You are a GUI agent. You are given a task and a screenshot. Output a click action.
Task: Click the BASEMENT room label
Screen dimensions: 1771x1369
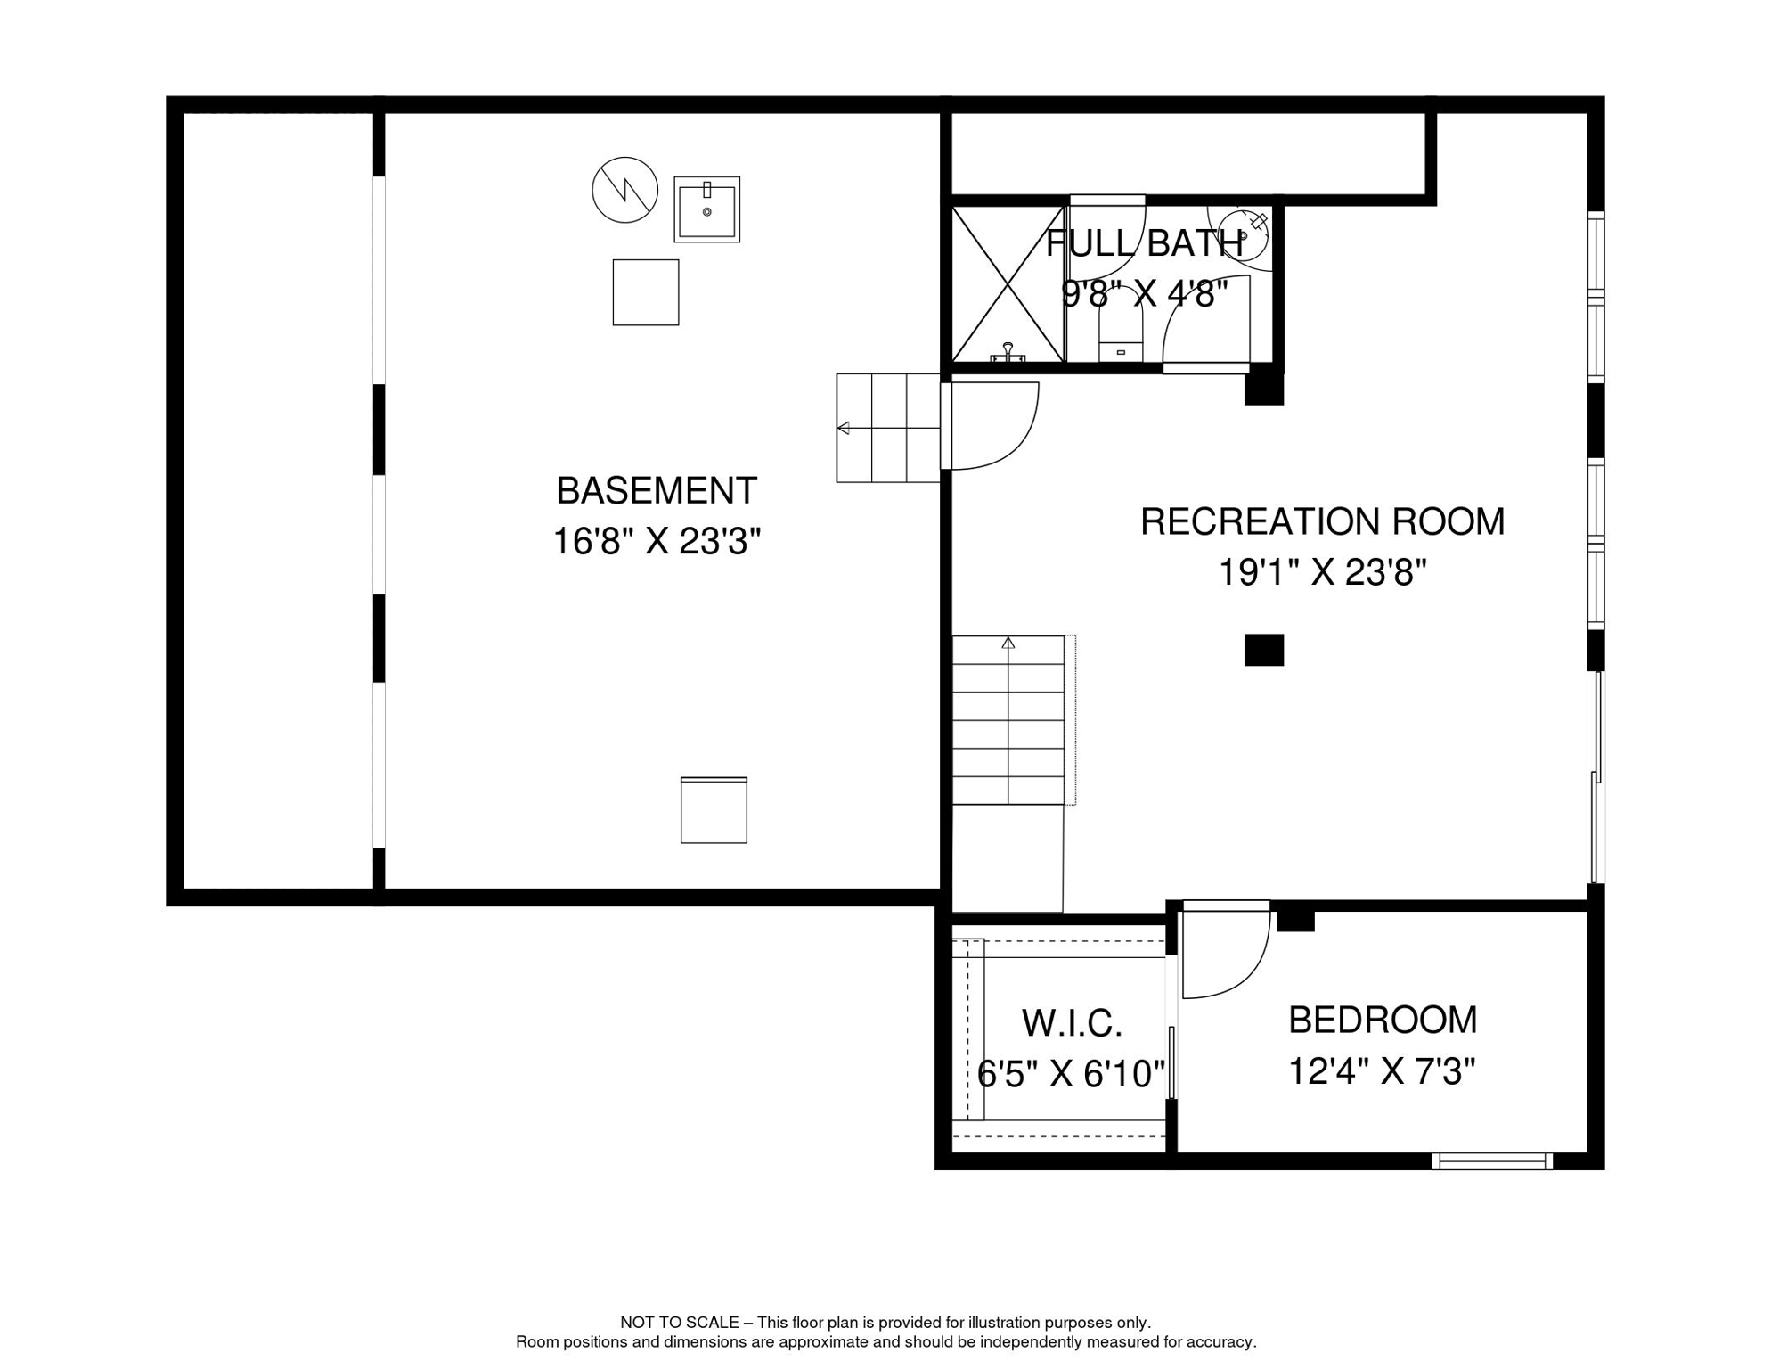pyautogui.click(x=657, y=491)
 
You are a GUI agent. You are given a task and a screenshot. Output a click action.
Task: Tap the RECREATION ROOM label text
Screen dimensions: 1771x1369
pyautogui.click(x=1322, y=522)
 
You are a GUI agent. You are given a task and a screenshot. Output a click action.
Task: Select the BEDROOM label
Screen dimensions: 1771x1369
pyautogui.click(x=1383, y=1021)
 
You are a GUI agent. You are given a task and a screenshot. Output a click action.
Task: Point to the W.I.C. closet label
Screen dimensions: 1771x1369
pyautogui.click(x=1072, y=1024)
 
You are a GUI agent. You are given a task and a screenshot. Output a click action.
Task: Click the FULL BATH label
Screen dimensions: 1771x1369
pyautogui.click(x=1145, y=244)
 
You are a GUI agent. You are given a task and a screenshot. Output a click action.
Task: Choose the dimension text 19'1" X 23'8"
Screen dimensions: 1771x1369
pyautogui.click(x=1322, y=573)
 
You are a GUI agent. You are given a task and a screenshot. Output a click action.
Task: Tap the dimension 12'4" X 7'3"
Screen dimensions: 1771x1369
pyautogui.click(x=1383, y=1071)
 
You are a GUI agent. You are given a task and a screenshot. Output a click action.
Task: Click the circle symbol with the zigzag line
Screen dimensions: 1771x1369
pyautogui.click(x=625, y=190)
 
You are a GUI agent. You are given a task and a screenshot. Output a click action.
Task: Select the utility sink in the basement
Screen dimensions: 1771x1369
pyautogui.click(x=707, y=209)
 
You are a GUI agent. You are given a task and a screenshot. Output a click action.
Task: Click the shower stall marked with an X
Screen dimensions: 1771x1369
pyautogui.click(x=1008, y=284)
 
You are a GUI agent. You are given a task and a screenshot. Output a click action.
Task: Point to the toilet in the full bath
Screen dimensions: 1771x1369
pyautogui.click(x=1121, y=325)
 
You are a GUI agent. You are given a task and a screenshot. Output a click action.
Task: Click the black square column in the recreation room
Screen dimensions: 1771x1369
pyautogui.click(x=1264, y=650)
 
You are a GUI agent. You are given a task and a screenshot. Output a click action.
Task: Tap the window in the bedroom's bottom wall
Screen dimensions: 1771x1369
pyautogui.click(x=1493, y=1161)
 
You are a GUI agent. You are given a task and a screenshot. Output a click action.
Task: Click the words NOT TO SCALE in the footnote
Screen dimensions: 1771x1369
pyautogui.click(x=680, y=1323)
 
